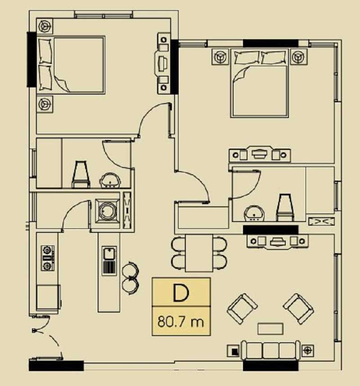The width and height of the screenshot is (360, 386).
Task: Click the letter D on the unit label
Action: coord(181,292)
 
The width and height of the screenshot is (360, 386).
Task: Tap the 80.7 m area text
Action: coord(181,321)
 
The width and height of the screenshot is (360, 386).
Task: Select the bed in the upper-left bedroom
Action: coord(71,65)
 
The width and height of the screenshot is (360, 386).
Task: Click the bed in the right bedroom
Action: coord(260,83)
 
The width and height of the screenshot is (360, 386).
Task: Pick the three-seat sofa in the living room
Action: coord(270,350)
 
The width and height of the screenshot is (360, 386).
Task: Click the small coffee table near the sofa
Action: coord(270,329)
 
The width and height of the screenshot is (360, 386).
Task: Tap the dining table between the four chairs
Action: coord(199,253)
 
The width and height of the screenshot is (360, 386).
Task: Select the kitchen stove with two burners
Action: coord(47,258)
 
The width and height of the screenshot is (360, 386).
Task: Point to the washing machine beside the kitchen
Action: coord(108,211)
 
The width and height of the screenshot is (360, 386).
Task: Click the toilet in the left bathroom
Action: coord(81,174)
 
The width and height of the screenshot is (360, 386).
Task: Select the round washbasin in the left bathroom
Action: coord(110,181)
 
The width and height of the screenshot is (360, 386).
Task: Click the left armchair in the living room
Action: coord(243,309)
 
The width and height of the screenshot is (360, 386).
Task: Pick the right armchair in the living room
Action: coord(298,309)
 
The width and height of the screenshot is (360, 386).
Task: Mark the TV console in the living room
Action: coord(277,241)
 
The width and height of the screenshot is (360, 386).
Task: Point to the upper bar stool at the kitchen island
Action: coord(130,269)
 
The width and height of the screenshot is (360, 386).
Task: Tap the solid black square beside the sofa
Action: coord(235,352)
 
